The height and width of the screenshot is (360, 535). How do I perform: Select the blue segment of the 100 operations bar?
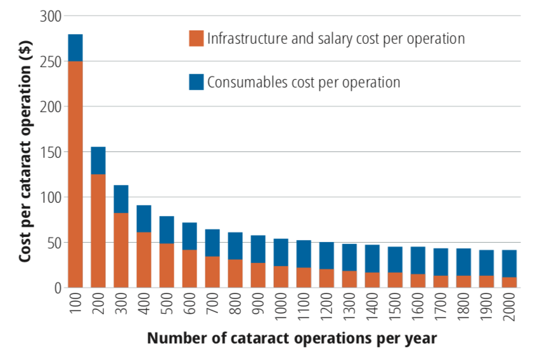[75, 48]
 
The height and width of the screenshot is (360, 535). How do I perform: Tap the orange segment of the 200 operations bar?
[98, 231]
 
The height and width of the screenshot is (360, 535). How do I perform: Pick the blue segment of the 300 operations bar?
[121, 199]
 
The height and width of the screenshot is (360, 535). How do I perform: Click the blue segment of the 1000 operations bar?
[281, 252]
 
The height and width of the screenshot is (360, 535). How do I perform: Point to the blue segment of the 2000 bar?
[509, 264]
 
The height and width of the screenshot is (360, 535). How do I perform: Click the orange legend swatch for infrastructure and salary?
[197, 38]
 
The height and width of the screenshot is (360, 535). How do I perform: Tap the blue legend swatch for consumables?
[197, 82]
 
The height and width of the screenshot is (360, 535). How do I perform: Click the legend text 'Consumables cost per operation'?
[304, 82]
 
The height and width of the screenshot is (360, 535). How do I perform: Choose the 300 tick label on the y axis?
[50, 16]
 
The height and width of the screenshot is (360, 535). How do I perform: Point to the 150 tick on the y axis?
[50, 152]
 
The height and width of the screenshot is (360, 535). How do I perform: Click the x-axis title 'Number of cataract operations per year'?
[292, 338]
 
